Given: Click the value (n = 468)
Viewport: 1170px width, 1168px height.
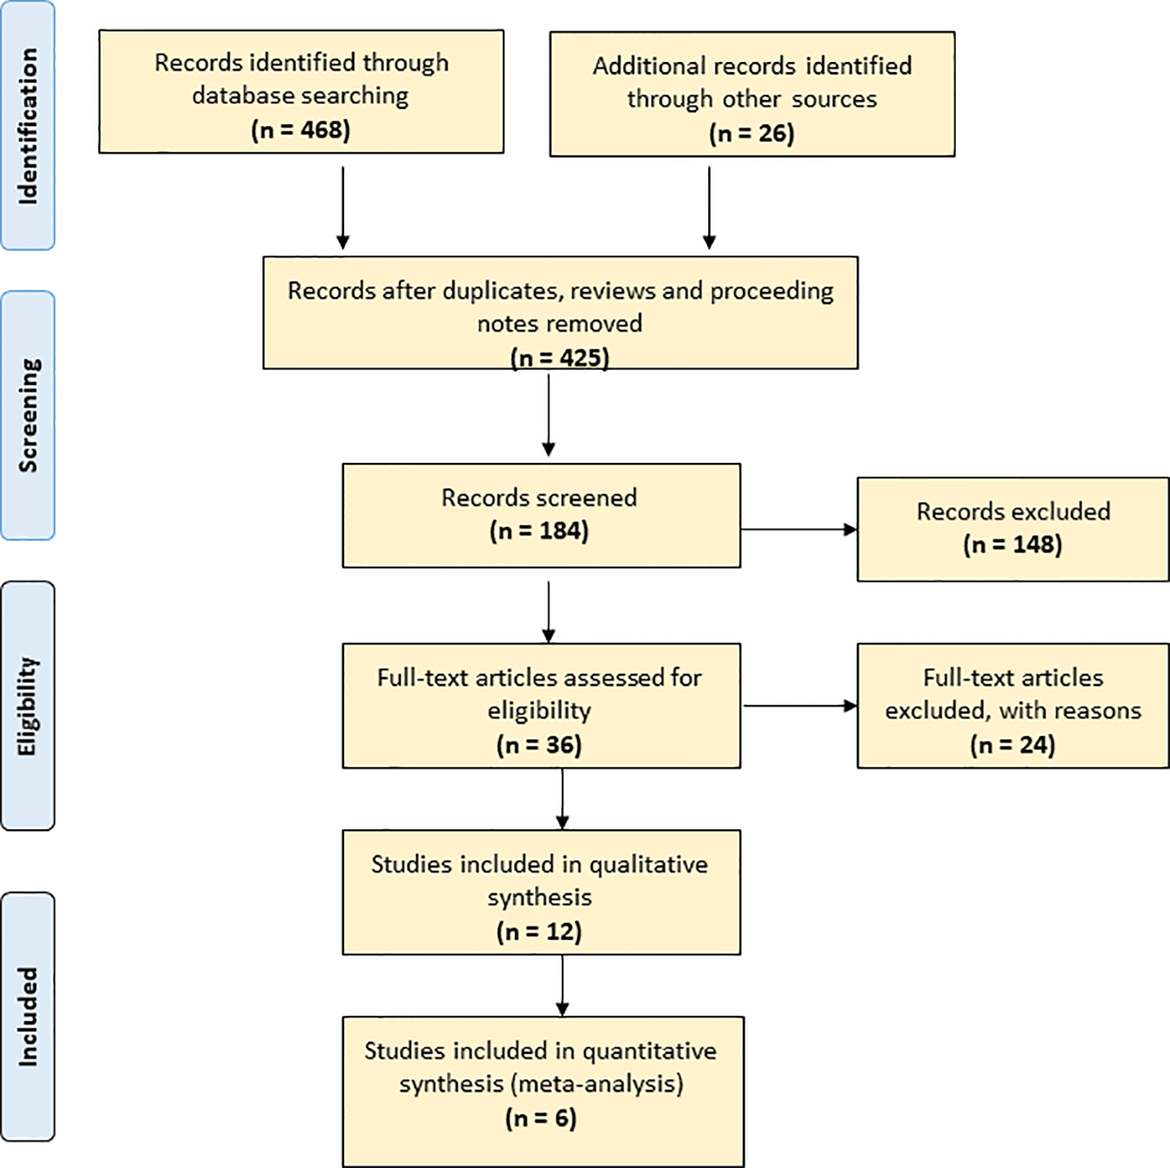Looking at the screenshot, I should (300, 130).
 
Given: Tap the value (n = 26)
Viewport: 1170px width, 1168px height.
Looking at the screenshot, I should (751, 133).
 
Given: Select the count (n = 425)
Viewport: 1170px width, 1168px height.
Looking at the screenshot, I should (559, 358).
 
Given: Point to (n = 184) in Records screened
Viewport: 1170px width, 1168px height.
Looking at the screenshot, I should (539, 531).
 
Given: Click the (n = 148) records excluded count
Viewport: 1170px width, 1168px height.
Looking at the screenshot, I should (1012, 545).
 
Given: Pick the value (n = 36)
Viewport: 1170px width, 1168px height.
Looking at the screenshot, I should (539, 745).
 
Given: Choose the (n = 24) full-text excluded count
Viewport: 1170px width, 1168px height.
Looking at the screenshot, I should (1012, 745).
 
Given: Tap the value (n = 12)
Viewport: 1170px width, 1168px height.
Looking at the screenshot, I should (539, 931).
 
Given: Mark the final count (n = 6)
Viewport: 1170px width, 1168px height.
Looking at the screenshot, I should (540, 1118).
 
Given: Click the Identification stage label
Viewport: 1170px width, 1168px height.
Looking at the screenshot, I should (28, 126).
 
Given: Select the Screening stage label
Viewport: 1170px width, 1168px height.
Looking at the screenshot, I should (28, 415).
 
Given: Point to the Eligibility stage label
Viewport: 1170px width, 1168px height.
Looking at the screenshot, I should (28, 706).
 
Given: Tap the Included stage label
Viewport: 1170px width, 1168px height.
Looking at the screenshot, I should (28, 1017).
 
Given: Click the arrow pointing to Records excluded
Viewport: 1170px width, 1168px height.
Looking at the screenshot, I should (798, 530).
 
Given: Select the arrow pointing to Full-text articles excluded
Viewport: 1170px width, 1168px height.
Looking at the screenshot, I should (798, 706).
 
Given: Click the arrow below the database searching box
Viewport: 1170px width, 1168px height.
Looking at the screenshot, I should (342, 207).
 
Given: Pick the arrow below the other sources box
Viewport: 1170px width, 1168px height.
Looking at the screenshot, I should (709, 207).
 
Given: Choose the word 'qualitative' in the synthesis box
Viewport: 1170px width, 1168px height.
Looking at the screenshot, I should (648, 865).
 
